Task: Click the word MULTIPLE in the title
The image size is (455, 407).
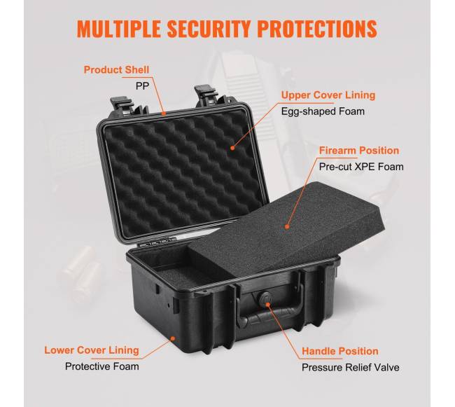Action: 119,29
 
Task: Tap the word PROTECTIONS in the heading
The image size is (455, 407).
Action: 317,29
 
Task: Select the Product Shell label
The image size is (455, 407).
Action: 116,69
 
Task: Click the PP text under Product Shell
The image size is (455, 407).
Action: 142,86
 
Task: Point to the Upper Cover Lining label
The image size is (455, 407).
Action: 328,95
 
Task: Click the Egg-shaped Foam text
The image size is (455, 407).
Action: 323,111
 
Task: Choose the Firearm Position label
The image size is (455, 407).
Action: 359,151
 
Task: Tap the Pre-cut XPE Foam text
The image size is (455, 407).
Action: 361,167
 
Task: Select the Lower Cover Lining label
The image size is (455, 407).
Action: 92,350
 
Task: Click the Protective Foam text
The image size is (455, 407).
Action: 102,366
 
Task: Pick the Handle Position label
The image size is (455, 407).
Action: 340,351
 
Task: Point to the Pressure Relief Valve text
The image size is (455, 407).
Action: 351,368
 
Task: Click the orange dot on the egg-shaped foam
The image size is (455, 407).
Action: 232,148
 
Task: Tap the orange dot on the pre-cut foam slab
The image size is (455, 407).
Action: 287,227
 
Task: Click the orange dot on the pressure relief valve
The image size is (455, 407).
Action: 268,305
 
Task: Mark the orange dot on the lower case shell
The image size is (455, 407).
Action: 173,338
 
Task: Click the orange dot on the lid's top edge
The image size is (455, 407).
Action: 164,113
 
